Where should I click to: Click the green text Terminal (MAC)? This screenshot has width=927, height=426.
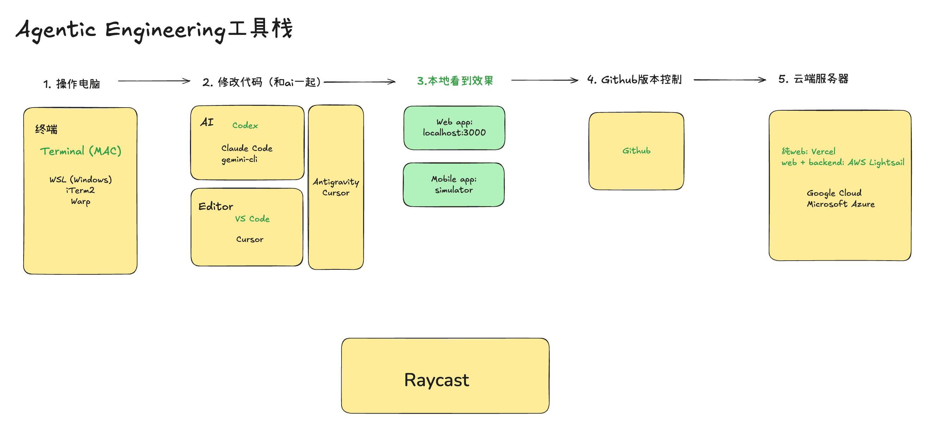[x=81, y=151]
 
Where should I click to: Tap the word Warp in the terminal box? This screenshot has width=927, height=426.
[x=81, y=201]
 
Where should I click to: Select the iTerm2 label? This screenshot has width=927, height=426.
[x=81, y=190]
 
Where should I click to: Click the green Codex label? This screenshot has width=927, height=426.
[x=245, y=125]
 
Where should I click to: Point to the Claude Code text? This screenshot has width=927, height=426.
[x=247, y=148]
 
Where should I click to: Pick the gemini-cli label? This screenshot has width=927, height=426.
[x=239, y=159]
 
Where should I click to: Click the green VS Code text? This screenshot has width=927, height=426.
[x=252, y=219]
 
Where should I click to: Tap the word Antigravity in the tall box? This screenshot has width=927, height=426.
[x=336, y=182]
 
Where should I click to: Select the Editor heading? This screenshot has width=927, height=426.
[x=216, y=206]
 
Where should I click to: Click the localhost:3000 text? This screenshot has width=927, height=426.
[x=454, y=133]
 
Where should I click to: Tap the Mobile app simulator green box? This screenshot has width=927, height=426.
[x=453, y=185]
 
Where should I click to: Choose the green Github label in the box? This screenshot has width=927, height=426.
[x=636, y=151]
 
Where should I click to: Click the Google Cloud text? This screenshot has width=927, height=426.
[x=834, y=193]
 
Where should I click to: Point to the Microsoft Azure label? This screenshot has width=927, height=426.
[x=841, y=204]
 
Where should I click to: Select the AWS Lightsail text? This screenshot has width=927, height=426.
[x=876, y=163]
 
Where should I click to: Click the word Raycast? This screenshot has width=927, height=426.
[x=436, y=380]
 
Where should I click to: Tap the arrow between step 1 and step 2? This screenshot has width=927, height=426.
[x=154, y=81]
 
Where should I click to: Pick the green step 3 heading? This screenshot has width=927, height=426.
[x=455, y=81]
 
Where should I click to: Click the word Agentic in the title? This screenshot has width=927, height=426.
[x=56, y=30]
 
